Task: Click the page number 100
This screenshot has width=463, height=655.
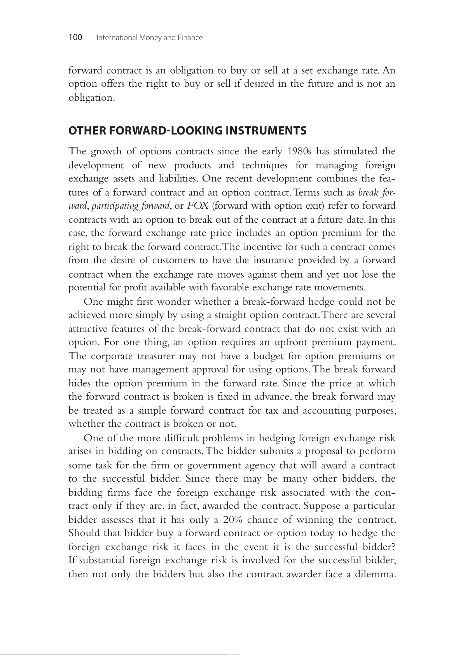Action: click(x=75, y=37)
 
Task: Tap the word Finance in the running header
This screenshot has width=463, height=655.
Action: click(x=190, y=38)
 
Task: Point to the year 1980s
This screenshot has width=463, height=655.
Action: click(x=299, y=151)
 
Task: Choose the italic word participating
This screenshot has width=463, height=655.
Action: click(x=115, y=206)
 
